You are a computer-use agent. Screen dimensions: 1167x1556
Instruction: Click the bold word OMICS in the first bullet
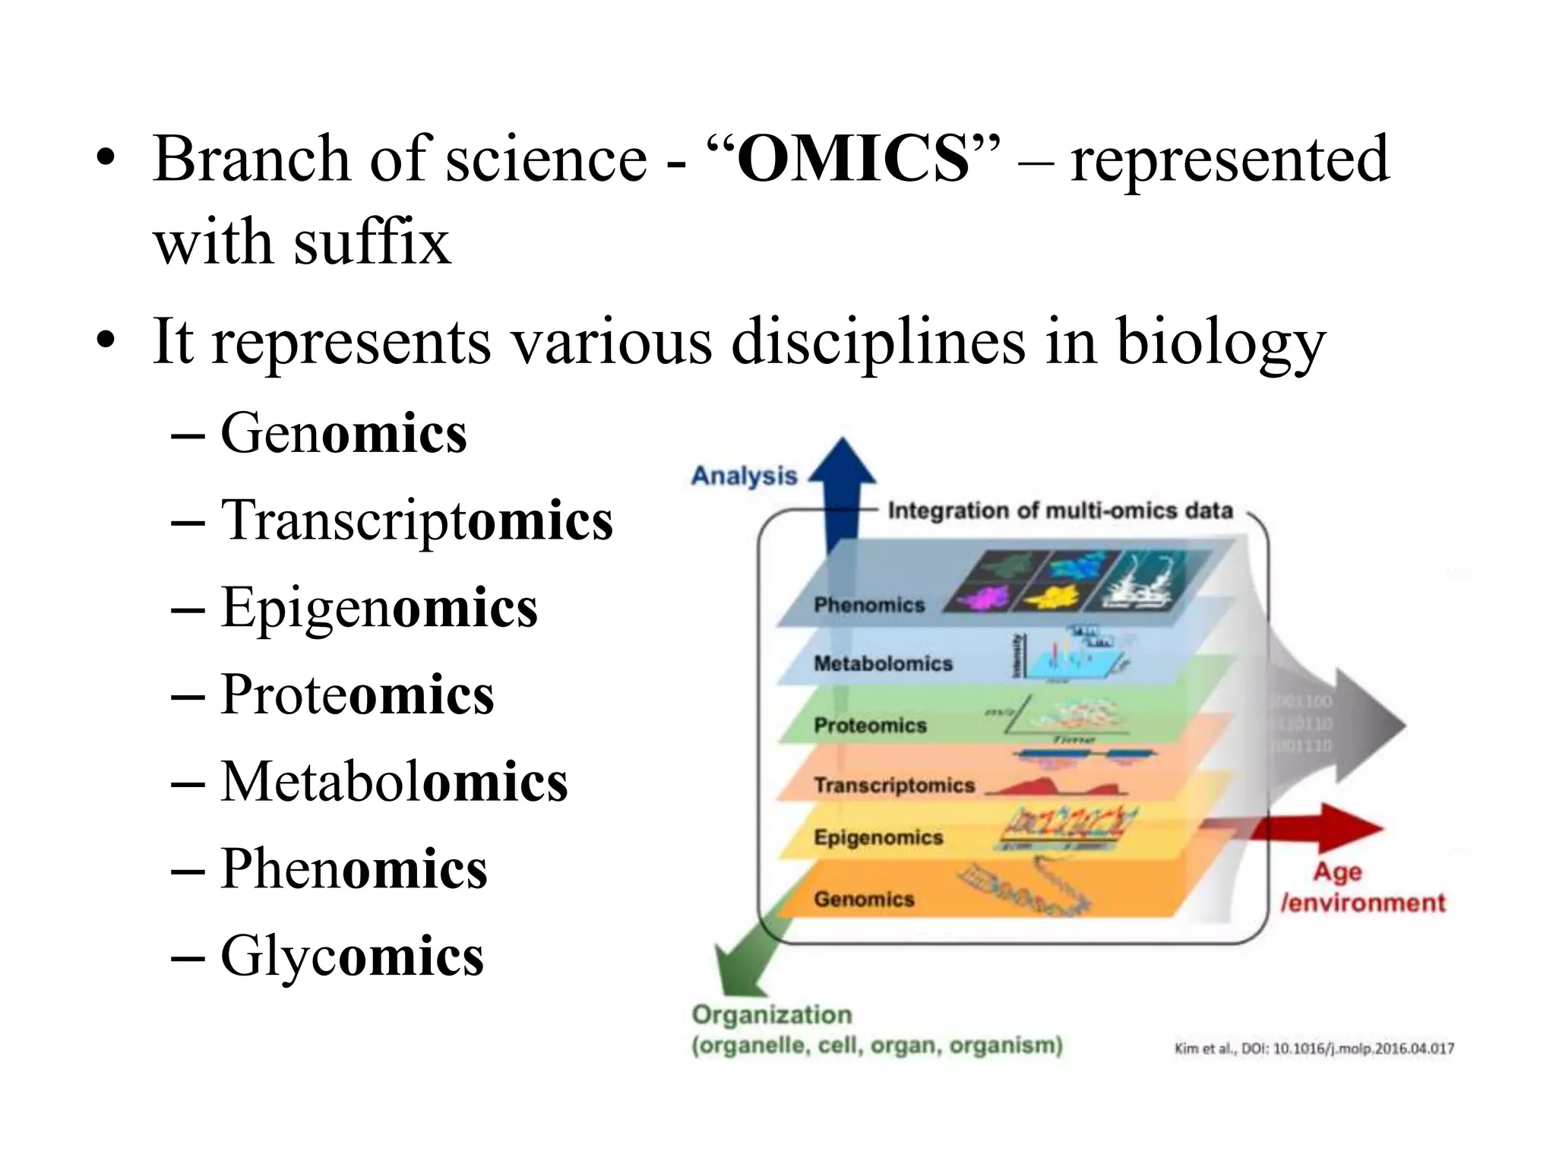coord(853,160)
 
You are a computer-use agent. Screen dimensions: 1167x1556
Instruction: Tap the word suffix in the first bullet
coord(372,243)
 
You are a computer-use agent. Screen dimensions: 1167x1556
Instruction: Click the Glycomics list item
coord(351,956)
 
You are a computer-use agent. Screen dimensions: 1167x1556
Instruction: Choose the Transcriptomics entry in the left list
coord(416,521)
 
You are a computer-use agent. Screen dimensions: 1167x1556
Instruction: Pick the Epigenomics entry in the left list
coord(378,608)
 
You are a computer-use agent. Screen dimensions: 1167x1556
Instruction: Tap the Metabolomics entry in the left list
coord(394,782)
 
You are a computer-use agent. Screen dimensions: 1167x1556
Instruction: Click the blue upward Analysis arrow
coord(842,479)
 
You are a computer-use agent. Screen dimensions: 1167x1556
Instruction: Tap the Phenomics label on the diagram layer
coord(869,606)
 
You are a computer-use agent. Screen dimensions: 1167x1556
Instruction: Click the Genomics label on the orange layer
coord(864,900)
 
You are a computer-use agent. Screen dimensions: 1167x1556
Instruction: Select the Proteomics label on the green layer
coord(870,726)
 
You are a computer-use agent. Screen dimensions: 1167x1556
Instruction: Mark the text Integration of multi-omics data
coord(1060,511)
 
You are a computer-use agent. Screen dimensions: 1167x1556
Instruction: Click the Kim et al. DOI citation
coord(1314,1049)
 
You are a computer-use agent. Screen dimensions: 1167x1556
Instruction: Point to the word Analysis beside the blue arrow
coord(744,476)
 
